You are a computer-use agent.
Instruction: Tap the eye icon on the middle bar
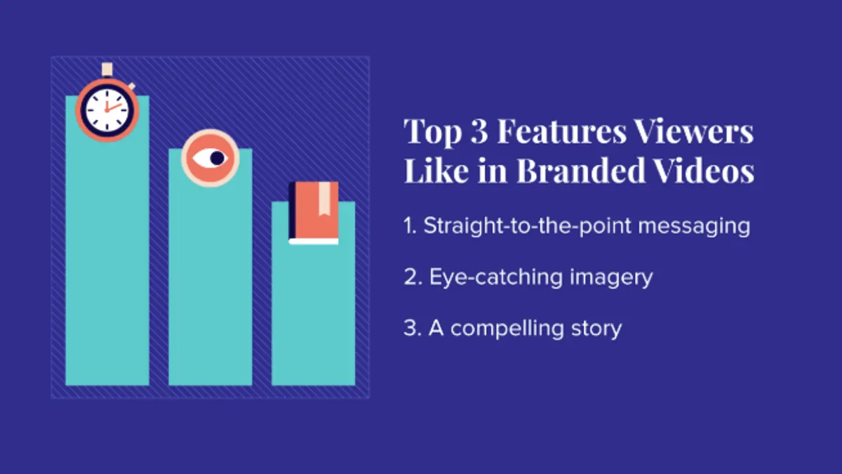(210, 158)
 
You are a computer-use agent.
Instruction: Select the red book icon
(314, 213)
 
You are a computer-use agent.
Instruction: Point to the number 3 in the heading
(479, 131)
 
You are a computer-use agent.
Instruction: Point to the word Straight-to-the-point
(528, 225)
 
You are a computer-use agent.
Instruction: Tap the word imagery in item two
(611, 278)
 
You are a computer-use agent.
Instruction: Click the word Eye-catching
(496, 277)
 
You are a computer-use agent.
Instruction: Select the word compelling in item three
(507, 329)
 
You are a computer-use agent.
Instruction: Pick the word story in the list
(596, 329)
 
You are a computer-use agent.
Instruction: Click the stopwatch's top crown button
(107, 70)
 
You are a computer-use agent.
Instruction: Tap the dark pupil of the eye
(218, 158)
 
